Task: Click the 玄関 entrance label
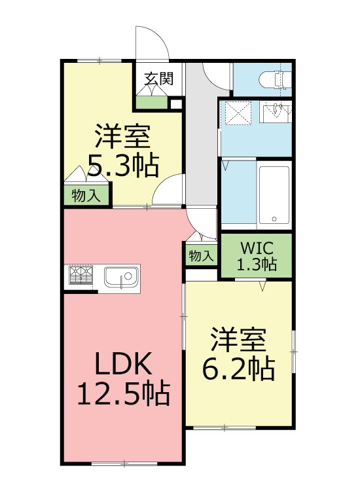(x=159, y=79)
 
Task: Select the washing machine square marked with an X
(x=238, y=113)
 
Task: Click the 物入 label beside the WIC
(x=200, y=256)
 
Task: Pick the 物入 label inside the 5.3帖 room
(x=86, y=195)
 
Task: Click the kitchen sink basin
(x=122, y=278)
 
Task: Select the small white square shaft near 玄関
(x=175, y=103)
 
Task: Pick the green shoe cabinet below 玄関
(x=152, y=102)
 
